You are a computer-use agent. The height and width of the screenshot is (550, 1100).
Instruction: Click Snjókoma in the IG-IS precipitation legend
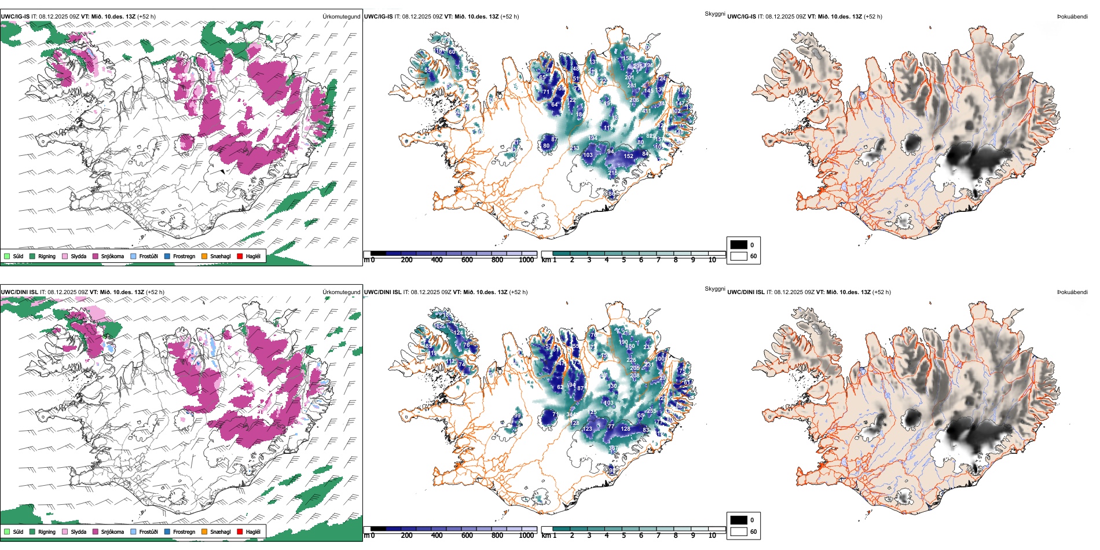(112, 256)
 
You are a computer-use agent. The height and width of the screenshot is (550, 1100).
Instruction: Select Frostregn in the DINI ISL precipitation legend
(184, 531)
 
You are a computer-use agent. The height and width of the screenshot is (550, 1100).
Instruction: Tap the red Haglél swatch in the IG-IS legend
(240, 256)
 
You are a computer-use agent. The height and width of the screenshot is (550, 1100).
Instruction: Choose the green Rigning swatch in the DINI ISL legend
(32, 531)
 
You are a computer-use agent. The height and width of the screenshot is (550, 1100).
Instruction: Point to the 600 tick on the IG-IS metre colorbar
(467, 260)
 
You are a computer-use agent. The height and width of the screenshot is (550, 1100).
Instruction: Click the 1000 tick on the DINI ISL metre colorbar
(526, 536)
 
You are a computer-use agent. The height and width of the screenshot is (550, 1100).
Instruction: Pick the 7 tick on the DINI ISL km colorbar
(658, 536)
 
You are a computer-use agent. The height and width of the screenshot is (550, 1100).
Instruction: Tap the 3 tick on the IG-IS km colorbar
(589, 260)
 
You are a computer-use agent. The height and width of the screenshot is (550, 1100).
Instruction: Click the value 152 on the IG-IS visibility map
(629, 156)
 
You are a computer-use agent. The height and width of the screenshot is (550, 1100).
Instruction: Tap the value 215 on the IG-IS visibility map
(613, 173)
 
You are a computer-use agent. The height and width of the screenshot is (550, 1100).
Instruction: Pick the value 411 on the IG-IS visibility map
(646, 111)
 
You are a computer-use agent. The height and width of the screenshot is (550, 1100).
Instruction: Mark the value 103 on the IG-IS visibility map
(588, 155)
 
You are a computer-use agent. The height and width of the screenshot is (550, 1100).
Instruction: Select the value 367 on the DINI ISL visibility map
(613, 448)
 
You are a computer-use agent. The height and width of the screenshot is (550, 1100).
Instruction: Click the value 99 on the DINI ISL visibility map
(517, 416)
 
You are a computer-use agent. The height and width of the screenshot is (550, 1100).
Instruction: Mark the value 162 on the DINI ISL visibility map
(438, 326)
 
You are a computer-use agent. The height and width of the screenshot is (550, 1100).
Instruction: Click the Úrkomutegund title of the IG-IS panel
(341, 17)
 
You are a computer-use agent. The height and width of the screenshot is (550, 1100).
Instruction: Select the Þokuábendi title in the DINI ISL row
(1072, 292)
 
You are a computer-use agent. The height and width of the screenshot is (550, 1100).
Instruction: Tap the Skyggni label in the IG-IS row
(714, 13)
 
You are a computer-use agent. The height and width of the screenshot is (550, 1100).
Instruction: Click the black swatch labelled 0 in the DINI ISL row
(739, 520)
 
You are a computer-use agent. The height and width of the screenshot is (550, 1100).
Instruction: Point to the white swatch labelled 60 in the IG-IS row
(739, 256)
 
